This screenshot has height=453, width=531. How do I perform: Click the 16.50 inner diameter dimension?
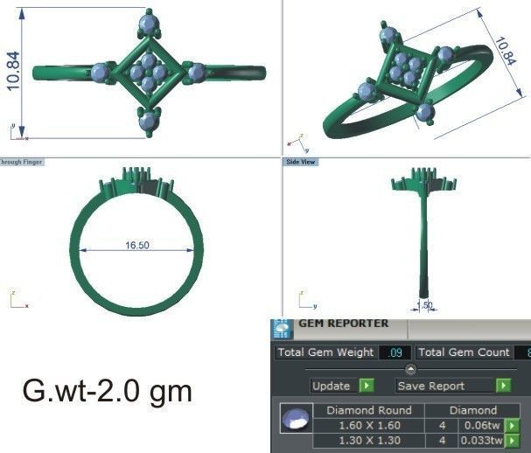pos(136,246)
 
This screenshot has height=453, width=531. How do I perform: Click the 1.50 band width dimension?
pos(423,305)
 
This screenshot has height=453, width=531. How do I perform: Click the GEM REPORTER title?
pos(344,324)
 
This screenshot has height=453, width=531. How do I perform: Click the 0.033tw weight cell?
pos(481,441)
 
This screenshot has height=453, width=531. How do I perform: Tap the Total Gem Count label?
pos(463,352)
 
